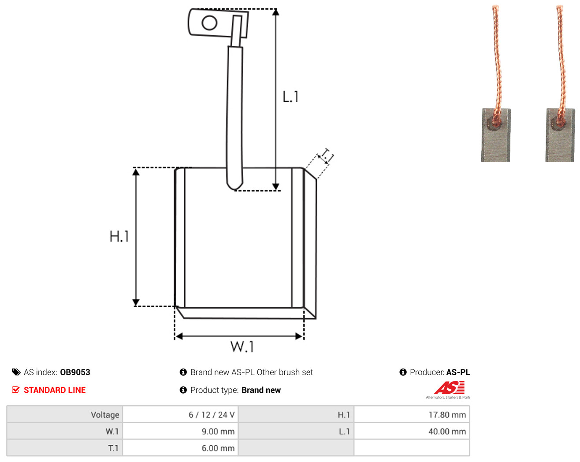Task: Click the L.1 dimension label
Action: point(290,97)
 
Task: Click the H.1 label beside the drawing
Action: point(119,236)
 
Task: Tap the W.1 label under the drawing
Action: point(242,346)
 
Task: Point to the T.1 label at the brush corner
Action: point(326,156)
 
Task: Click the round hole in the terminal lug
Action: point(209,22)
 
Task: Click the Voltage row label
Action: point(105,414)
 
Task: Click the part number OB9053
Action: point(75,372)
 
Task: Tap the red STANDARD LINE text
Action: point(55,390)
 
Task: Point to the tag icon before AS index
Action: point(16,372)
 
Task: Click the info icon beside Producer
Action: point(403,372)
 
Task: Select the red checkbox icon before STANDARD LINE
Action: point(15,390)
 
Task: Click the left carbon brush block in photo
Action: point(496,135)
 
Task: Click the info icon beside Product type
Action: point(183,390)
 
